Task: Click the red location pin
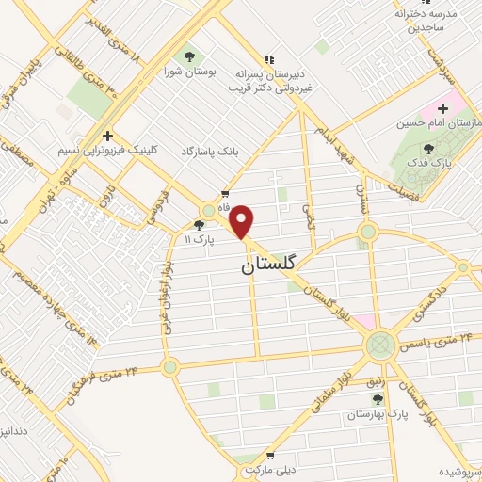click(x=242, y=221)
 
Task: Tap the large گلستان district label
click(x=267, y=265)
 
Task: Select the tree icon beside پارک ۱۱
click(x=198, y=225)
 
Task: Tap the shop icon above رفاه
click(x=225, y=193)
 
